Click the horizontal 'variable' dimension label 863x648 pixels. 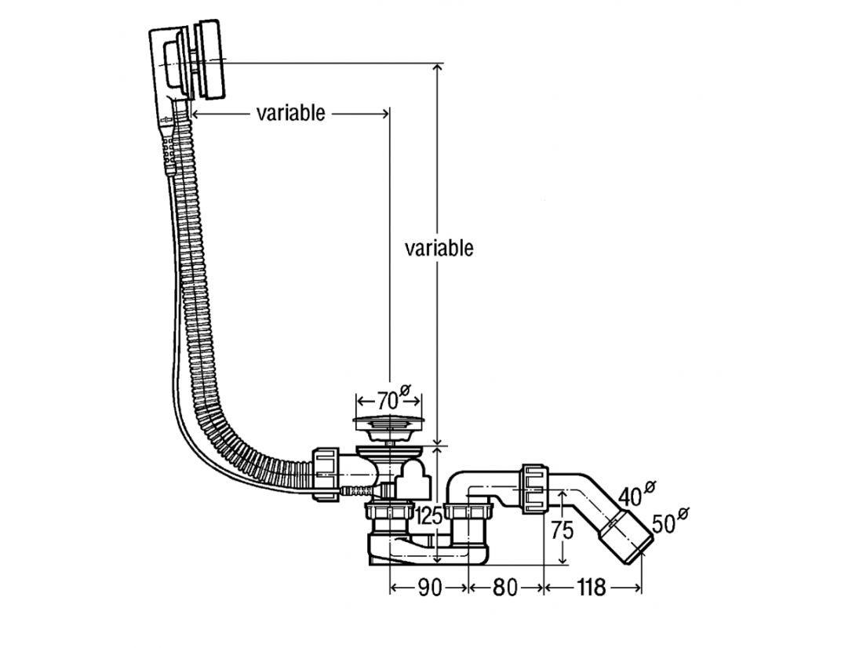pyautogui.click(x=290, y=114)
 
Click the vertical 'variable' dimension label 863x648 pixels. pyautogui.click(x=439, y=249)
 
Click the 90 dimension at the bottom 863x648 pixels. pyautogui.click(x=428, y=588)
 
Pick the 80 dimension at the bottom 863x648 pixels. pyautogui.click(x=505, y=588)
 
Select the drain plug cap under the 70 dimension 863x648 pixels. pyautogui.click(x=388, y=424)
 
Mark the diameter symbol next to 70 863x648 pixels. pyautogui.click(x=406, y=389)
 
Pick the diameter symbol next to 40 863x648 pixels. pyautogui.click(x=650, y=488)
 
